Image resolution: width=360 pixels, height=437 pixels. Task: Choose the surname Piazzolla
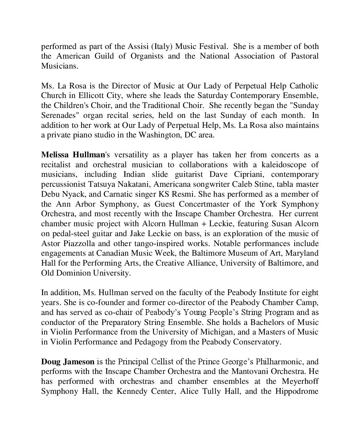(76, 243)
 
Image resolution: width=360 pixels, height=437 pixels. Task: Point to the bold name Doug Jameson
(68, 362)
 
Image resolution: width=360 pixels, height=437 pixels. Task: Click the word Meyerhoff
(300, 381)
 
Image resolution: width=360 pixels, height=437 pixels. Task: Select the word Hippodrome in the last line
(297, 391)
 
